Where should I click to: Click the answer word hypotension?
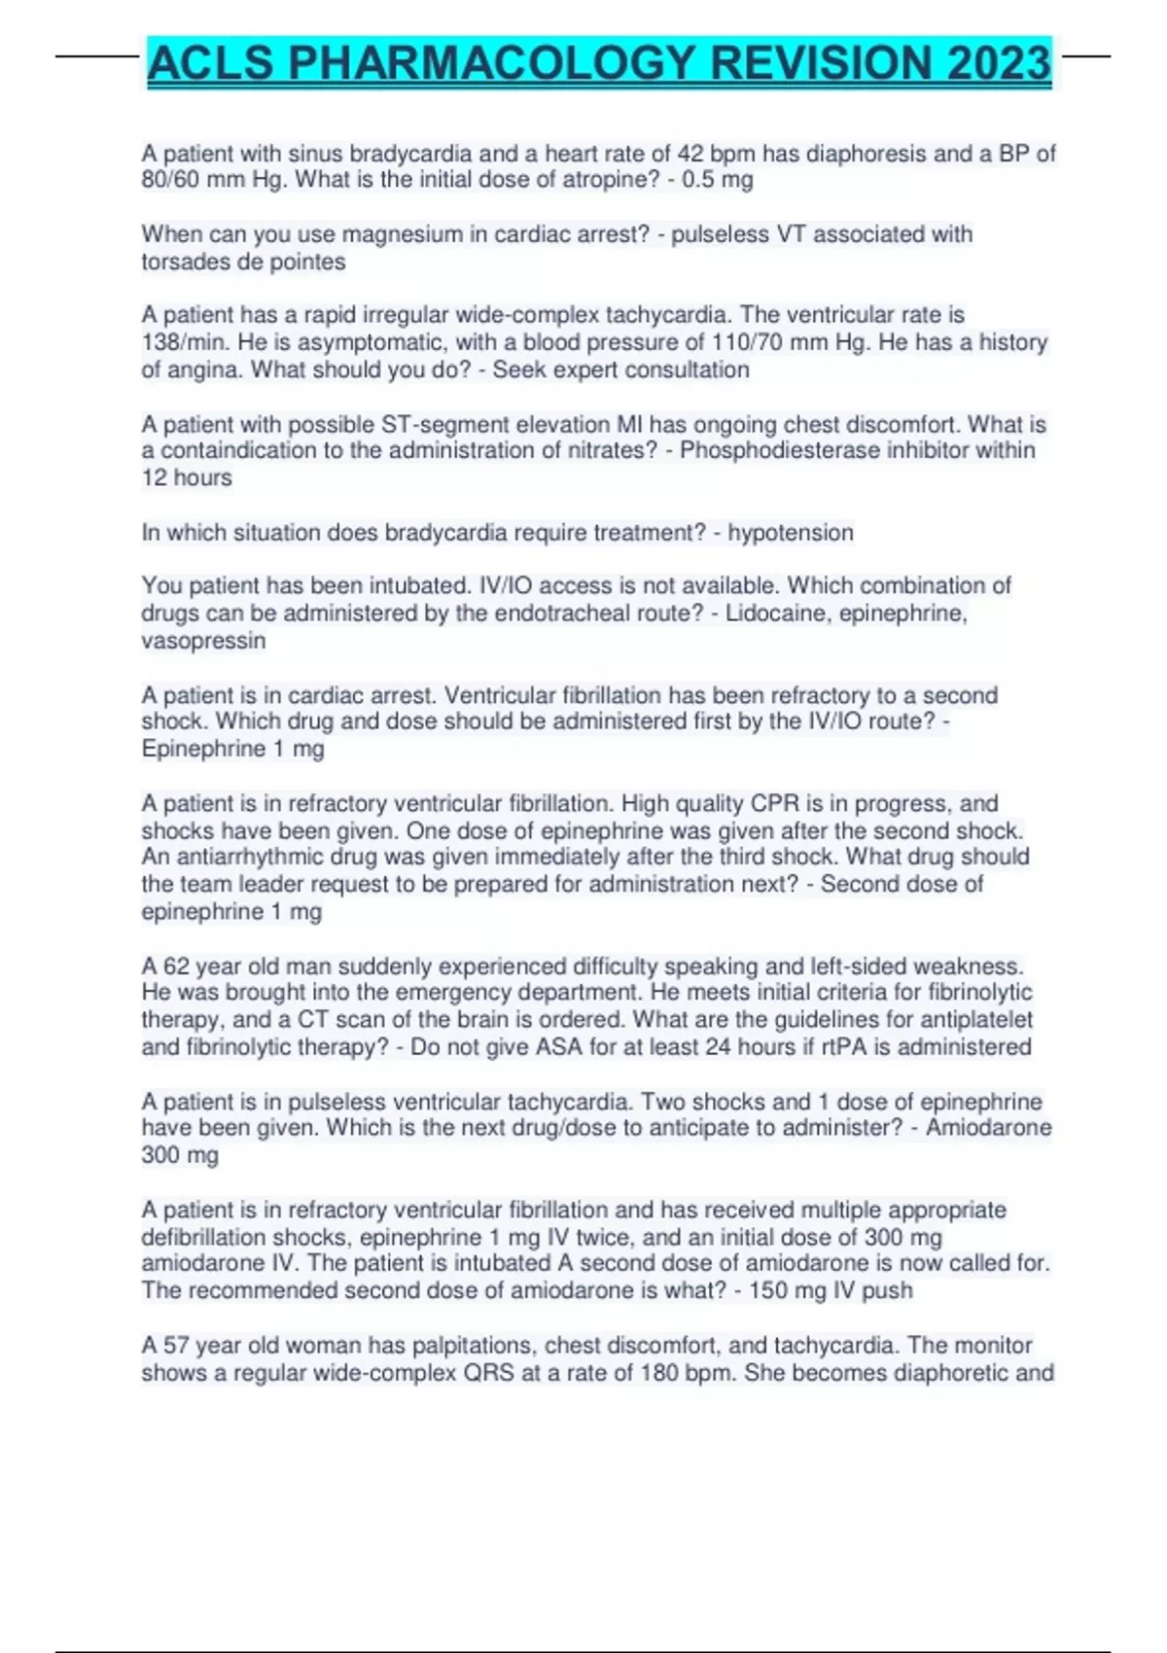point(791,533)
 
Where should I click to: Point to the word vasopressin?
point(203,641)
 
